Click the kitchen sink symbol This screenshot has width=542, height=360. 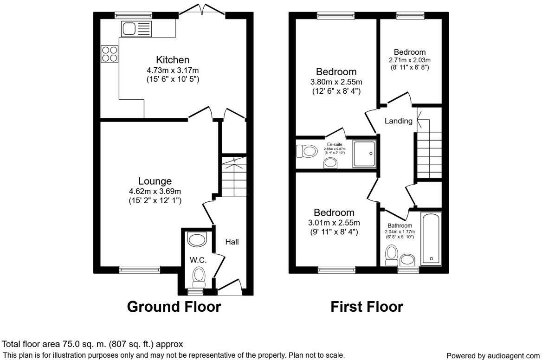click(x=136, y=29)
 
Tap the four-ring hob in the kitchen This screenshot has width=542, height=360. click(x=110, y=53)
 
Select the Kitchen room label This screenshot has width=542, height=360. click(x=173, y=60)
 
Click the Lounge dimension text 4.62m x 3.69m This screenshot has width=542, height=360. click(x=155, y=191)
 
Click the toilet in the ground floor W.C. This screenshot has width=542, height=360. click(x=199, y=277)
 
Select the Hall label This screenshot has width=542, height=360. click(x=232, y=242)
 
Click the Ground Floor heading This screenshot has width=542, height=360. click(x=174, y=307)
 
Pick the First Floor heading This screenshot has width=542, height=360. click(x=367, y=307)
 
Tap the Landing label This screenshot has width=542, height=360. click(x=399, y=121)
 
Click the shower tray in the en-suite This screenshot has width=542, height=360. click(x=364, y=153)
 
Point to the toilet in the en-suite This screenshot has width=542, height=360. click(x=306, y=151)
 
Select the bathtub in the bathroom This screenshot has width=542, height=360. click(x=431, y=239)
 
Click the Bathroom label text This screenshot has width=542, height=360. click(x=400, y=225)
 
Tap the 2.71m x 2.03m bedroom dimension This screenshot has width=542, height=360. click(x=410, y=60)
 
